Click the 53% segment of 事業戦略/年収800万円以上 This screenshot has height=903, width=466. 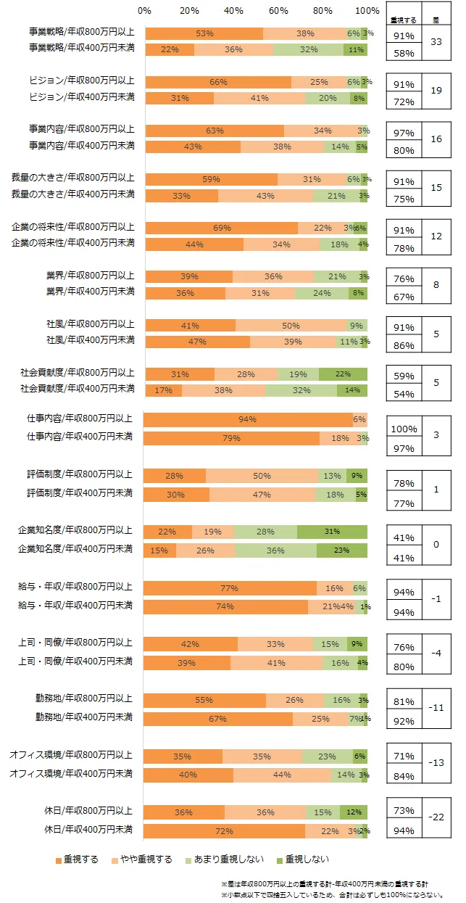tap(204, 33)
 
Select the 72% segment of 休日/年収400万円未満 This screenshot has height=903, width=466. tap(224, 830)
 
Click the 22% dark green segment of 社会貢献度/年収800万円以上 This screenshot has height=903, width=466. tap(343, 374)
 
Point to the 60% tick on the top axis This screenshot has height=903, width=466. tap(278, 11)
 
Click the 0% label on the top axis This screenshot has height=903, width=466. tap(144, 11)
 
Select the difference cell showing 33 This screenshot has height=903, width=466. tap(436, 43)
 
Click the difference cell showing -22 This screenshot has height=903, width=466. tap(436, 817)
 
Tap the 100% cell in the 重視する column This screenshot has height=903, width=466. tap(404, 429)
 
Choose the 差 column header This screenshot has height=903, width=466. tap(436, 20)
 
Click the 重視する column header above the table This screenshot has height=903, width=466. tap(402, 20)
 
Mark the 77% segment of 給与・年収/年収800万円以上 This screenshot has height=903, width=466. tap(230, 588)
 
